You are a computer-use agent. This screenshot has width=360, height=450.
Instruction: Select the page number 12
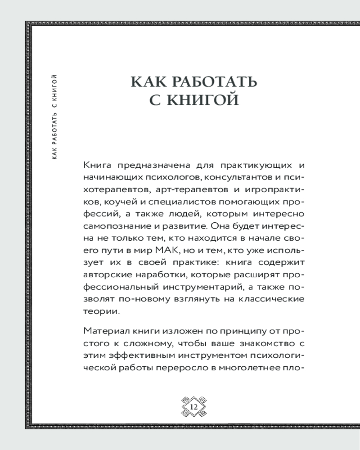[x=193, y=406]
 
